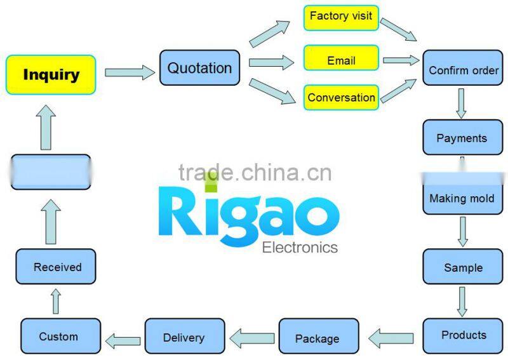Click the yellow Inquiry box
click(x=51, y=75)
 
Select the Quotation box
click(x=199, y=68)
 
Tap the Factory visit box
click(x=341, y=17)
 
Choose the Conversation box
click(x=341, y=97)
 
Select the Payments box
click(x=462, y=137)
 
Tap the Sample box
click(x=463, y=267)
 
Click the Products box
click(x=464, y=335)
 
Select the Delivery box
click(x=184, y=337)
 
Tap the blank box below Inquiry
click(x=51, y=171)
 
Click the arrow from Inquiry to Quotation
click(x=130, y=72)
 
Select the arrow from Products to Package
click(x=391, y=338)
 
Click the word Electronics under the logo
click(x=300, y=247)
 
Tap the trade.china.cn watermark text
click(x=254, y=173)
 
